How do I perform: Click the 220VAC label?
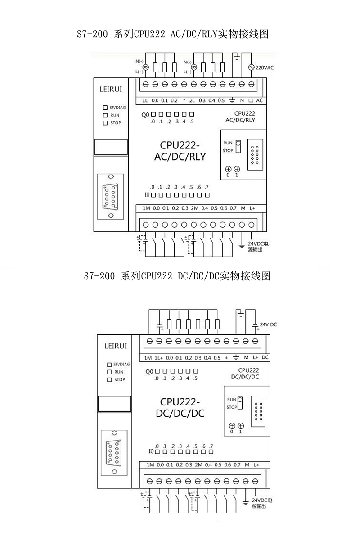point(265,68)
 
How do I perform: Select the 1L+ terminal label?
point(158,358)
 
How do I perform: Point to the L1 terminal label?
point(251,100)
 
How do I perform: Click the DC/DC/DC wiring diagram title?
point(177,276)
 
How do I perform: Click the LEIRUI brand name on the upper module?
point(110,90)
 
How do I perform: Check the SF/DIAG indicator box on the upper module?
point(105,108)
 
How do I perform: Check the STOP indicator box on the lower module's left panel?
point(109,380)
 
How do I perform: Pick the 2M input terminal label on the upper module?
point(194,208)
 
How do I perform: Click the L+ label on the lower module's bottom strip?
point(256,464)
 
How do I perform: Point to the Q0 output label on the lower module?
point(150,371)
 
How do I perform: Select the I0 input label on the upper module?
point(147,195)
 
